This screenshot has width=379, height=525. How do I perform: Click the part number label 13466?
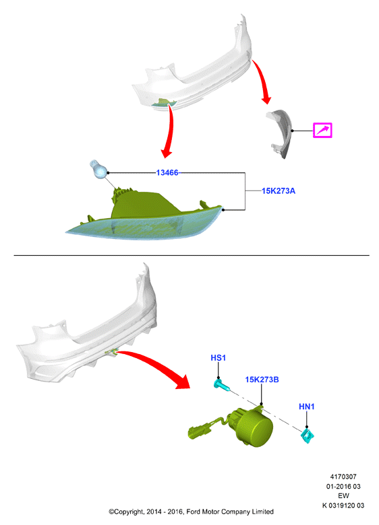pyautogui.click(x=167, y=173)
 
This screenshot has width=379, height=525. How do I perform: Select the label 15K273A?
pyautogui.click(x=279, y=191)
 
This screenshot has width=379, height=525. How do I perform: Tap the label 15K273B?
pyautogui.click(x=262, y=380)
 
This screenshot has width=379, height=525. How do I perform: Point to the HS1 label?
pyautogui.click(x=218, y=357)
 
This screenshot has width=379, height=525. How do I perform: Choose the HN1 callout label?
pyautogui.click(x=307, y=407)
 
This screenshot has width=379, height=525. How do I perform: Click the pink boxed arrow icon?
pyautogui.click(x=322, y=131)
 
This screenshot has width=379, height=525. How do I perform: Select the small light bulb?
pyautogui.click(x=98, y=170)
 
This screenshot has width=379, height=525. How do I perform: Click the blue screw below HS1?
pyautogui.click(x=222, y=386)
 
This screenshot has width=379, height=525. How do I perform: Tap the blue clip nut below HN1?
pyautogui.click(x=308, y=435)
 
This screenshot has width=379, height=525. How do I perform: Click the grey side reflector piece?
pyautogui.click(x=280, y=133)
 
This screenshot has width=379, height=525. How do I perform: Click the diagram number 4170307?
pyautogui.click(x=343, y=477)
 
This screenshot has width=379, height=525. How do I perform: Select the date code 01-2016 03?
pyautogui.click(x=343, y=486)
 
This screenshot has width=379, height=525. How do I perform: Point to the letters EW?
pyautogui.click(x=343, y=496)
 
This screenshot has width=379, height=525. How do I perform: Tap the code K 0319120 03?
pyautogui.click(x=343, y=505)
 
